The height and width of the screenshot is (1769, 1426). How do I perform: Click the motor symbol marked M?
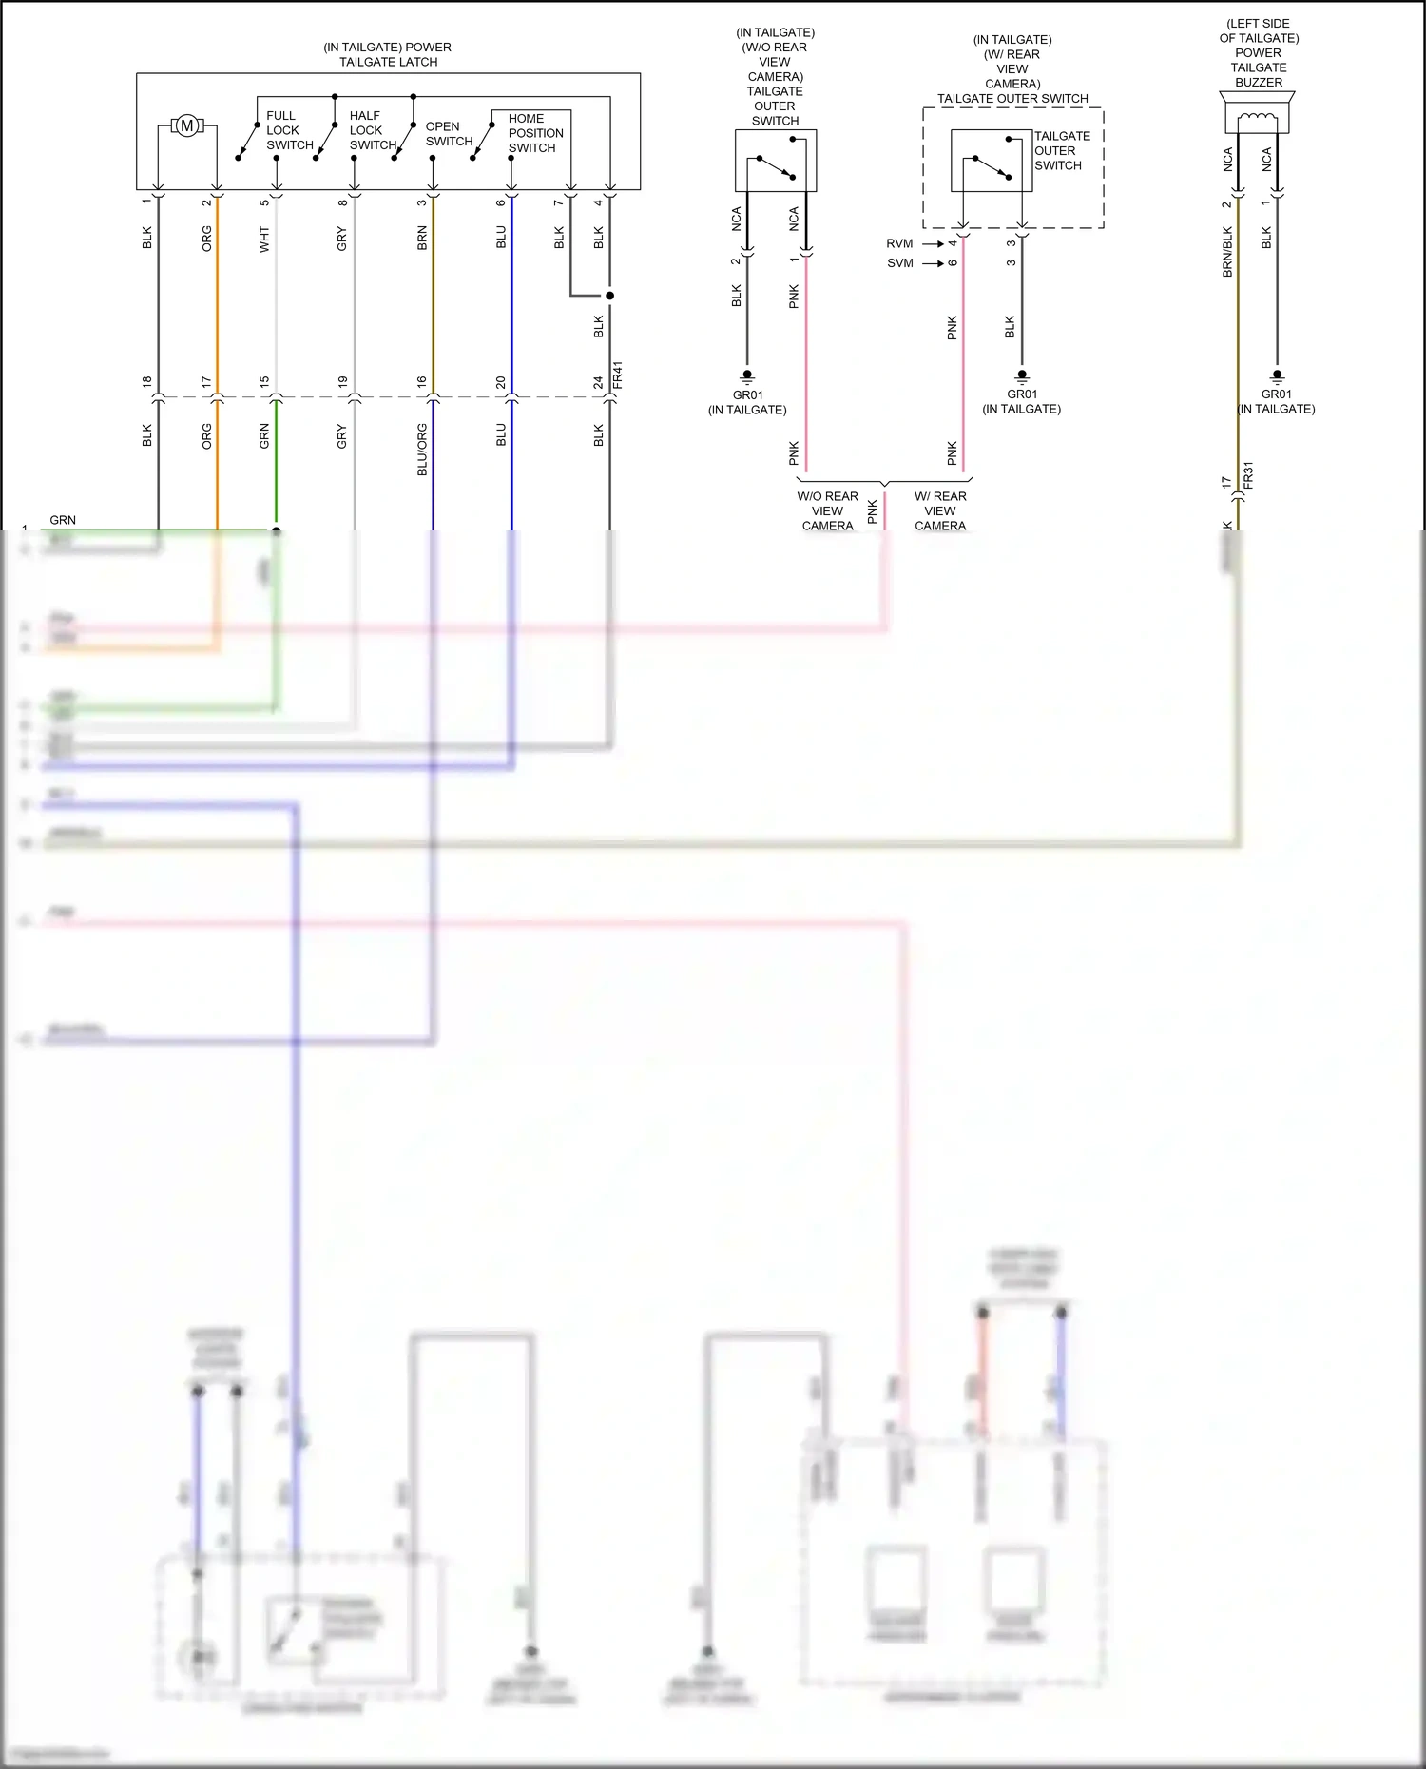(x=187, y=125)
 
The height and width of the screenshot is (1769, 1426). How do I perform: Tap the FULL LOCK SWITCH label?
(x=289, y=130)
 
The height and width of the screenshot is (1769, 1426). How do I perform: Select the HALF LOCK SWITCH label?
(x=372, y=130)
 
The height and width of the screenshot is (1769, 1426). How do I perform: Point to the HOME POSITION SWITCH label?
(x=535, y=133)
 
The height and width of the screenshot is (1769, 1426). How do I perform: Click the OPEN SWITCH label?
(x=449, y=133)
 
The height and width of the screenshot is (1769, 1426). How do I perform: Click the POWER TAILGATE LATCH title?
(x=388, y=54)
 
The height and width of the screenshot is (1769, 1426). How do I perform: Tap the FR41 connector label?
(x=618, y=375)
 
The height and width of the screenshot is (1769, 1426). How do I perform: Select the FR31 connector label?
(x=1248, y=475)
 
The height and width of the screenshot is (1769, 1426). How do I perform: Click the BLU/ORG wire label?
(x=422, y=450)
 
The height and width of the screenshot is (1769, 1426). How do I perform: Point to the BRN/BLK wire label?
(x=1227, y=251)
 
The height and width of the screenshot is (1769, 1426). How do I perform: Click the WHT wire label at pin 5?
(x=264, y=239)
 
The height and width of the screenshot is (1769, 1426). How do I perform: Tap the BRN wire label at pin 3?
(x=422, y=239)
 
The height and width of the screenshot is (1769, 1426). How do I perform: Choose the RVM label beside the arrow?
(x=899, y=244)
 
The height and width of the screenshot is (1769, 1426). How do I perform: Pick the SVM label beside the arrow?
(x=899, y=263)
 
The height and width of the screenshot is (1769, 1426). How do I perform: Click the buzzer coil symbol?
(x=1259, y=118)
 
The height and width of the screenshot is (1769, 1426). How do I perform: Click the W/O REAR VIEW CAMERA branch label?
(x=827, y=510)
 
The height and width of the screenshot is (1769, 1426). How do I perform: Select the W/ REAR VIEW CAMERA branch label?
(x=940, y=510)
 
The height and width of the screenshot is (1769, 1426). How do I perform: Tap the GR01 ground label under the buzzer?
(x=1276, y=394)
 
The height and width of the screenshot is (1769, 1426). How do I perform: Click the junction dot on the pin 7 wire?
(x=610, y=296)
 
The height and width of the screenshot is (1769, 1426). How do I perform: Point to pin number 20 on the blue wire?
(x=501, y=382)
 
